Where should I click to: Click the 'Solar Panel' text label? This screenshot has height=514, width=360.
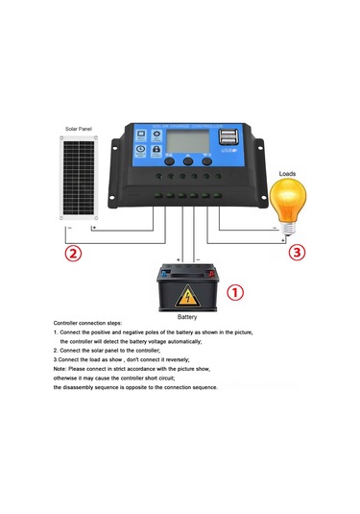pyautogui.click(x=79, y=129)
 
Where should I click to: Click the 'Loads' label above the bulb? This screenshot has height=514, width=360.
pyautogui.click(x=287, y=174)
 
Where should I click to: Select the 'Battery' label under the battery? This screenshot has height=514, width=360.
pyautogui.click(x=188, y=316)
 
